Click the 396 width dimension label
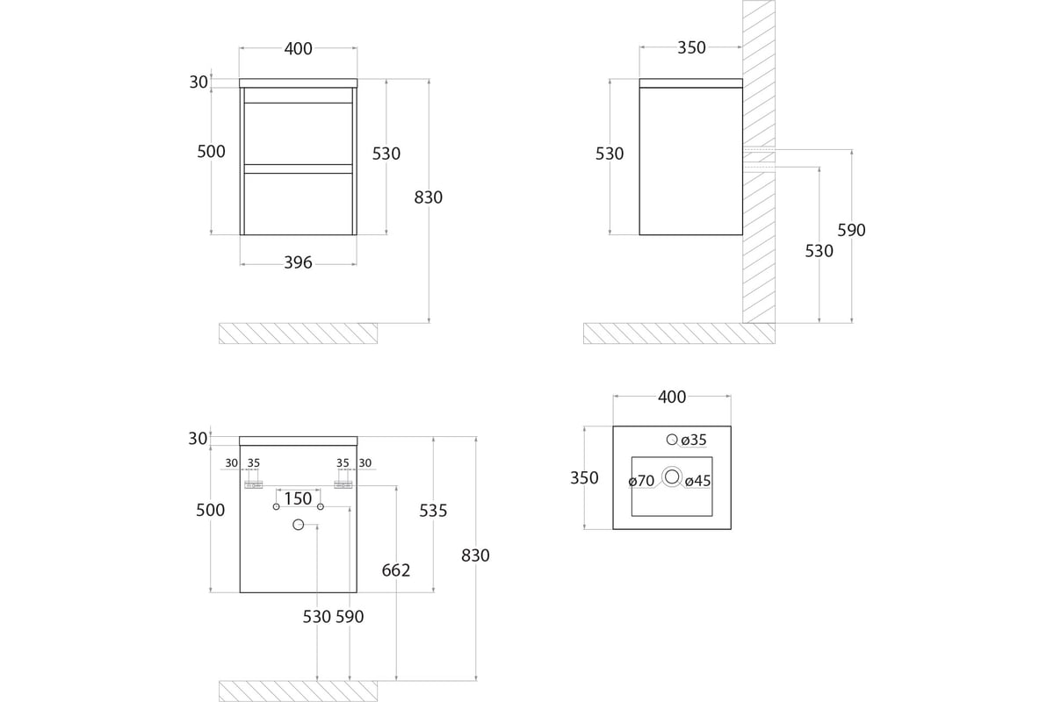pyautogui.click(x=298, y=262)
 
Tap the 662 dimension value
pyautogui.click(x=396, y=569)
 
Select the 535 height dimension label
pyautogui.click(x=433, y=510)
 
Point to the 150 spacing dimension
pyautogui.click(x=298, y=498)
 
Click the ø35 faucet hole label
pyautogui.click(x=694, y=440)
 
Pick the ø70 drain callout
pyautogui.click(x=641, y=481)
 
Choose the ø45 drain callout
pyautogui.click(x=697, y=481)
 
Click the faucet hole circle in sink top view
pyautogui.click(x=672, y=440)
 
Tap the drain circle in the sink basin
pyautogui.click(x=672, y=476)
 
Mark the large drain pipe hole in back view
pyautogui.click(x=299, y=524)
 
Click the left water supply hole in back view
pyautogui.click(x=276, y=506)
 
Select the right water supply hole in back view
pyautogui.click(x=321, y=506)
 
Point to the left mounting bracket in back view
pyautogui.click(x=253, y=484)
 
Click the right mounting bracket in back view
pyautogui.click(x=343, y=484)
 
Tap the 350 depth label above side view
pyautogui.click(x=691, y=47)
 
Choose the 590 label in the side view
pyautogui.click(x=851, y=230)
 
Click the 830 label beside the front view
pyautogui.click(x=429, y=197)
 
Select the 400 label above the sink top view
pyautogui.click(x=671, y=397)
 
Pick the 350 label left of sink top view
pyautogui.click(x=584, y=477)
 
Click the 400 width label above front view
pyautogui.click(x=298, y=48)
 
